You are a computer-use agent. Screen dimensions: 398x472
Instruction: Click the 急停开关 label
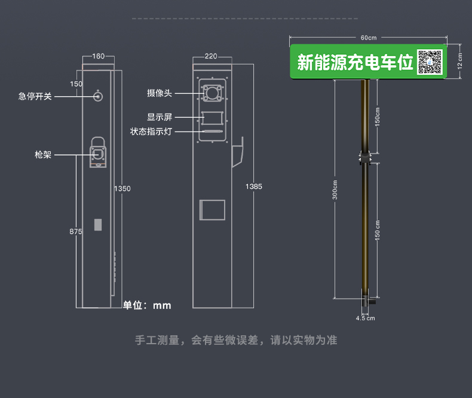coord(35,96)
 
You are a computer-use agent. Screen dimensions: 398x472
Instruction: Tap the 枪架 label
coord(43,155)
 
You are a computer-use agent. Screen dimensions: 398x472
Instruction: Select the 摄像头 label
coord(160,93)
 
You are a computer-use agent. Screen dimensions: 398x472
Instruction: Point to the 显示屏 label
coord(160,118)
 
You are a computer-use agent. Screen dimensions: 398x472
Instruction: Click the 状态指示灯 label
coord(151,131)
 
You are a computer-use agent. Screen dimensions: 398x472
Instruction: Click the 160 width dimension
coord(98,57)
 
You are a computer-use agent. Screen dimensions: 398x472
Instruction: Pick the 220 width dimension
coord(210,57)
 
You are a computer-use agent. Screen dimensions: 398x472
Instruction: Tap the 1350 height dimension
coord(122,189)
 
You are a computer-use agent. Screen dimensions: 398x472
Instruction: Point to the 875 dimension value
coord(75,231)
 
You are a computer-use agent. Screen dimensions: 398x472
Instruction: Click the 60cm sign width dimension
coord(369,38)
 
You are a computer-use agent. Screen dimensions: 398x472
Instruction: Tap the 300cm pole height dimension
coord(335,189)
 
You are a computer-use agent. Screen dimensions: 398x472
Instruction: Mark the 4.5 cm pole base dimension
coord(365,318)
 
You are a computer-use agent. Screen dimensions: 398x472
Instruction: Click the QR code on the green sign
coord(429,62)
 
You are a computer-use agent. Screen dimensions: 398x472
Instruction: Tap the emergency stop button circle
coord(97,97)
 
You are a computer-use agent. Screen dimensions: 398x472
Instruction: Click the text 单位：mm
coord(147,305)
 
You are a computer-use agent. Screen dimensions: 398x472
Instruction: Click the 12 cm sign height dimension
coord(460,60)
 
